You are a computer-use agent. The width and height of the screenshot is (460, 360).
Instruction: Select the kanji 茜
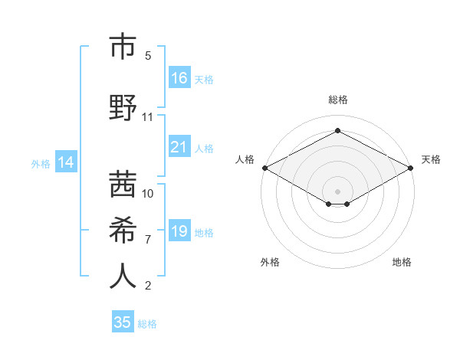pos(123,184)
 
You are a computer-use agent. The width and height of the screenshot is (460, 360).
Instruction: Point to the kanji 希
pos(123,230)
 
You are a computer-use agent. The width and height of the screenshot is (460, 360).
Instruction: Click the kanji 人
pos(123,276)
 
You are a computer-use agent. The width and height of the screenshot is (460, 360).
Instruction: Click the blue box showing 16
pos(179,78)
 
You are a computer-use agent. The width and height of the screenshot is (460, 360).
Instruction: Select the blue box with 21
pos(179,147)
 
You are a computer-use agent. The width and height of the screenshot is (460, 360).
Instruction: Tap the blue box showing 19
pos(179,231)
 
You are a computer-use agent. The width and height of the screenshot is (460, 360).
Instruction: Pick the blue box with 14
pos(66,162)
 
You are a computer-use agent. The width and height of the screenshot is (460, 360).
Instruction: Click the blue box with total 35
pos(123,322)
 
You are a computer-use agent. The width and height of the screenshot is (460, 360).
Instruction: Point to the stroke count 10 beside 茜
pos(148,193)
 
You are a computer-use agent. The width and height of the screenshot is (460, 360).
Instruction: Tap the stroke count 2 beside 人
pos(147,286)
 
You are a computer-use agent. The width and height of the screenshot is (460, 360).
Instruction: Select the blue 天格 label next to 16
pos(203,80)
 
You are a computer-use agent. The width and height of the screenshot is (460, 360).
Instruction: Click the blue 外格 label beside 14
pos(41,163)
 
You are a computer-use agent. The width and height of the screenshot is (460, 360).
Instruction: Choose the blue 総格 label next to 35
pos(147,324)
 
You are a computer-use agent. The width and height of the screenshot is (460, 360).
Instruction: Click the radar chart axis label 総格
pos(337,100)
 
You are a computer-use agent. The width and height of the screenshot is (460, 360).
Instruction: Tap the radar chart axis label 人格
pos(245,159)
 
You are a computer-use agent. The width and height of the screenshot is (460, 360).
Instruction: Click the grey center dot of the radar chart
pos(337,191)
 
